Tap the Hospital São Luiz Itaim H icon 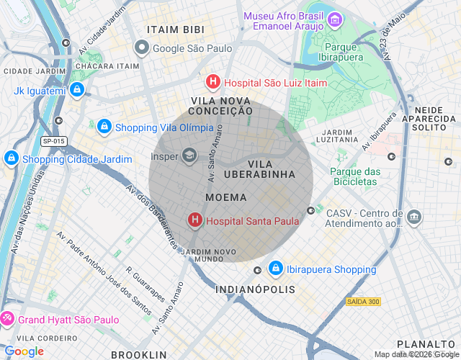coord(212,82)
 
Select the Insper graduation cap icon coord(189,155)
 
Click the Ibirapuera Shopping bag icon coord(275,269)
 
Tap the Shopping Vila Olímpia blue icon coord(104,127)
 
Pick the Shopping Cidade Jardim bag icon coord(12,158)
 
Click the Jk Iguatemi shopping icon coord(78,91)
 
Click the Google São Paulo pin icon coord(142,48)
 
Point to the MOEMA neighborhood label coord(225,197)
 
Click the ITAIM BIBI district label coord(175,30)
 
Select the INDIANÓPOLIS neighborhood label coord(255,289)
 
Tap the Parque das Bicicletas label coord(354,176)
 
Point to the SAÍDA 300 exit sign coord(362,301)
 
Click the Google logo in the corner coord(24,351)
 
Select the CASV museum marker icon coord(414,217)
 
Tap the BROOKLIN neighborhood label coord(138,354)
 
